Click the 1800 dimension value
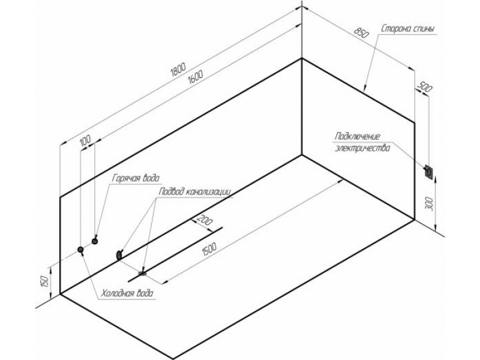[178, 70]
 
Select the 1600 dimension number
[196, 77]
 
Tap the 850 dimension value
[361, 32]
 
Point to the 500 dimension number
[425, 87]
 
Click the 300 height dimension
[430, 204]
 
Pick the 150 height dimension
[44, 281]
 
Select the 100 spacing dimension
[85, 140]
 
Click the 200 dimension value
[205, 220]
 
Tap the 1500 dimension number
[209, 249]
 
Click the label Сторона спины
[407, 29]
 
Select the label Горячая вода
[136, 178]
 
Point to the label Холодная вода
[127, 293]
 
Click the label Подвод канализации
[194, 192]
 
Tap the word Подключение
[357, 136]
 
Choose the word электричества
[362, 148]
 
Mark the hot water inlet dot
[95, 241]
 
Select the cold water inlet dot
[81, 250]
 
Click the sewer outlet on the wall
[119, 254]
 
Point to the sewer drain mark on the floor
[142, 273]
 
